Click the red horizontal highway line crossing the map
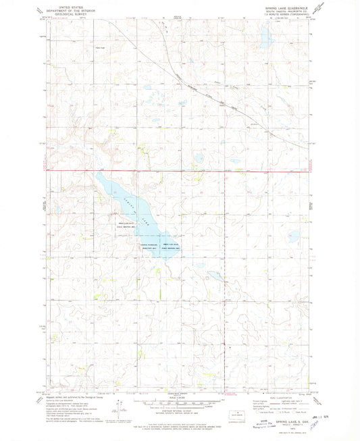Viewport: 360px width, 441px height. point(203,170)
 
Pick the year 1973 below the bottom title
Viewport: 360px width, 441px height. point(278,428)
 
